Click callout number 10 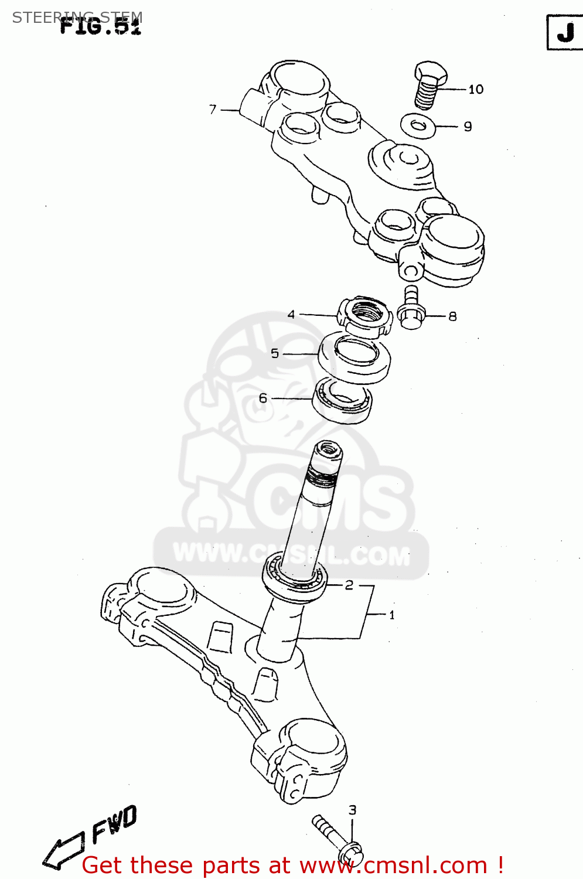(476, 89)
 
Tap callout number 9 (468, 127)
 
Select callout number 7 (213, 109)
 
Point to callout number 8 (452, 316)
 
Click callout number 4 (291, 315)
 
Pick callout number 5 (275, 353)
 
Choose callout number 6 (263, 398)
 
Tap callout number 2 (349, 585)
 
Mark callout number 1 (392, 615)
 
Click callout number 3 (352, 810)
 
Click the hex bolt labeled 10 (430, 85)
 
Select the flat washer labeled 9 (418, 126)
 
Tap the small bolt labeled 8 (411, 309)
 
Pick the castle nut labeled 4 (364, 316)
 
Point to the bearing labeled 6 (343, 401)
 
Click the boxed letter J (564, 33)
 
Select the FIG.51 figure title (101, 25)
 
